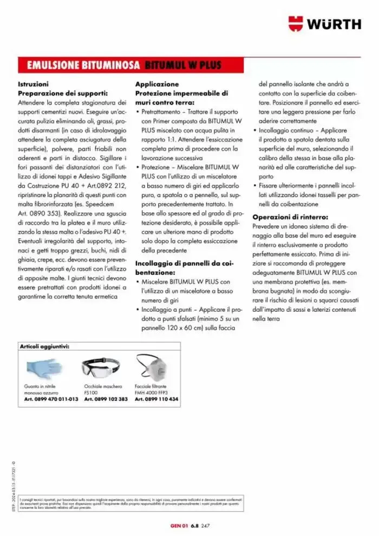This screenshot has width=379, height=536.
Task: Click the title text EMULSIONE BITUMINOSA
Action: point(80,66)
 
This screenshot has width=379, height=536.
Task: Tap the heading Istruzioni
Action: point(33,84)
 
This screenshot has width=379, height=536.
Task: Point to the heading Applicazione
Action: point(156,84)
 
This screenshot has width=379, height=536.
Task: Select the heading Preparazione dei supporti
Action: point(63,93)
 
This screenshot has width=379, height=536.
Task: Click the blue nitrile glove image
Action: point(43,366)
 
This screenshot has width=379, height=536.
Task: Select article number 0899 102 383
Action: point(106,399)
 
